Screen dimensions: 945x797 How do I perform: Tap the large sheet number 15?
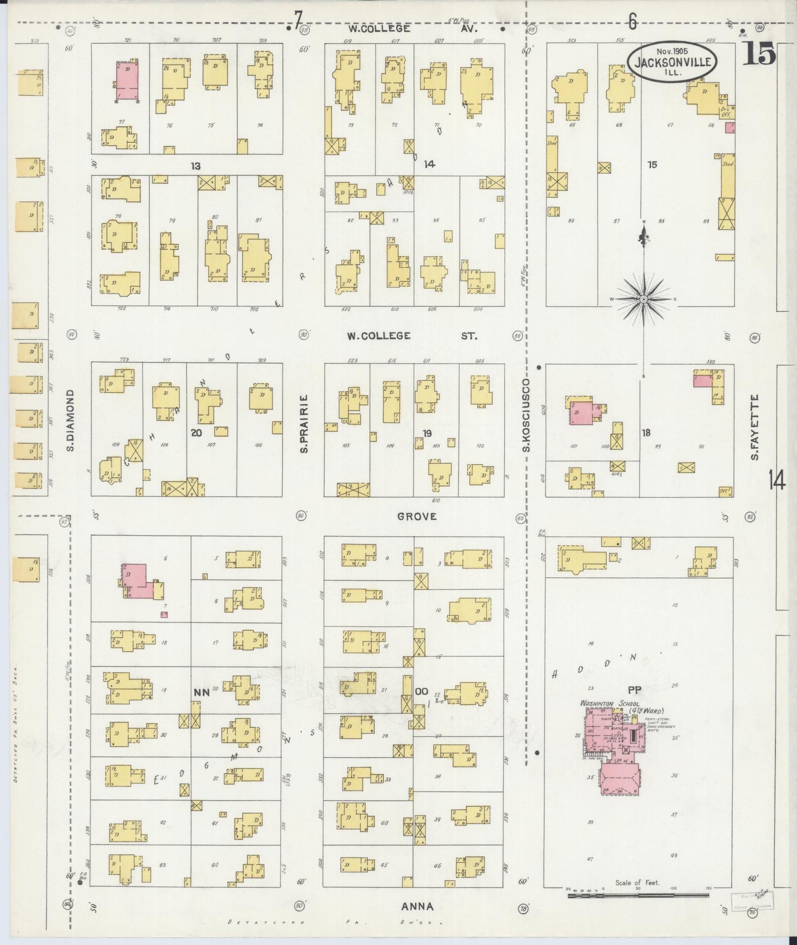(758, 55)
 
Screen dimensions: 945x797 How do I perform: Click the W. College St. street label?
(412, 335)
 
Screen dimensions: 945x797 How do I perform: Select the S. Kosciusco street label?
(526, 415)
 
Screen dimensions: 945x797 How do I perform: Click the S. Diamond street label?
(71, 420)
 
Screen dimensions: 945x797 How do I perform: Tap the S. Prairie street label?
(304, 423)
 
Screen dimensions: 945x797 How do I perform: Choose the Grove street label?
(417, 516)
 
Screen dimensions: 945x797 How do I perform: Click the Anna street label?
(417, 906)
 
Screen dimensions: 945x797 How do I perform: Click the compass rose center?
(644, 299)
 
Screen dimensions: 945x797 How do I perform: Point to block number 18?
(646, 433)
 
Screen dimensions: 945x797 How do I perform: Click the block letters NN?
(201, 692)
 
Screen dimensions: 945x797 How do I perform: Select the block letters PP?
(633, 689)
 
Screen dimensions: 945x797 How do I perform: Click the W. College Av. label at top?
(413, 28)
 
